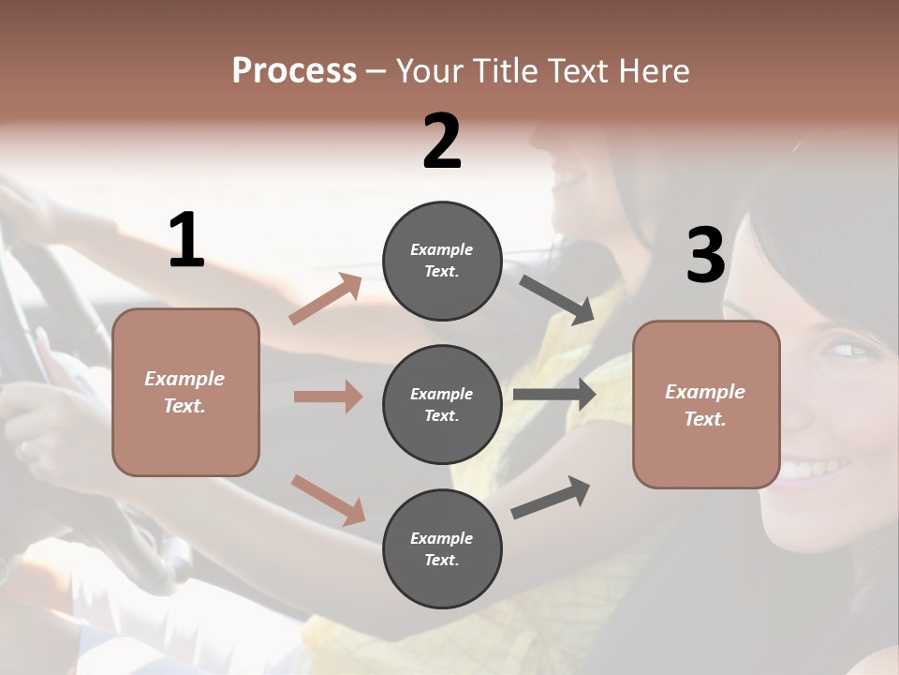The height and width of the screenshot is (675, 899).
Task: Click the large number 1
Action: [186, 242]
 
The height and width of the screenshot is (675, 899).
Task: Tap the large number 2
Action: [442, 142]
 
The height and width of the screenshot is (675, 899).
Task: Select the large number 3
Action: [705, 256]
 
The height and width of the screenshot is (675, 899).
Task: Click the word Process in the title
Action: [294, 70]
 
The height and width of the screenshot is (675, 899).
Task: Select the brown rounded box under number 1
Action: [185, 392]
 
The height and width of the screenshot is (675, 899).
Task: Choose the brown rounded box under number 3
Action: [706, 404]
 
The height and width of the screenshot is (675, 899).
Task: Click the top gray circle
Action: [442, 261]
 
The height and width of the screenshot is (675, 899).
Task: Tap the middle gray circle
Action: [442, 404]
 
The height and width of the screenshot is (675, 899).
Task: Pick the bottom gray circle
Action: [442, 548]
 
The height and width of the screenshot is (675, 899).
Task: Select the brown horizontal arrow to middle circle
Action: [328, 397]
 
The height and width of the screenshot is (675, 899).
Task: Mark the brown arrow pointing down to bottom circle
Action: [328, 500]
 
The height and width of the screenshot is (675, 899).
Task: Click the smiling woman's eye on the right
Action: [846, 351]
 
